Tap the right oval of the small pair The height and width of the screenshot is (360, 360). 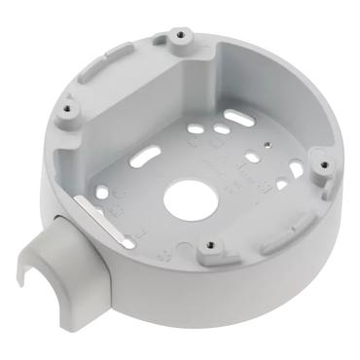tap(224, 128)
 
